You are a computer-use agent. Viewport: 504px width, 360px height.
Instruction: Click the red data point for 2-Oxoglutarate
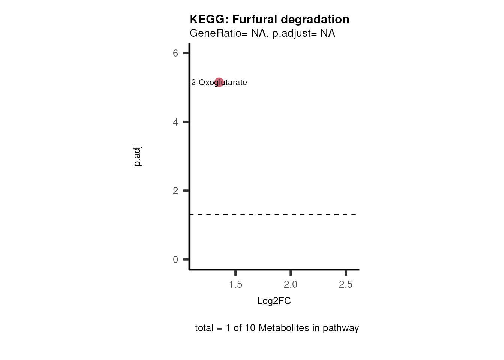point(219,82)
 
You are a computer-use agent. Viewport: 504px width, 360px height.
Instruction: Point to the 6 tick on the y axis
point(175,53)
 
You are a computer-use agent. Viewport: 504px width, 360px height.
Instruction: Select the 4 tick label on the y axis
point(175,122)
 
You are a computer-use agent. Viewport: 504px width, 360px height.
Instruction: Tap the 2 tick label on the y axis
point(175,191)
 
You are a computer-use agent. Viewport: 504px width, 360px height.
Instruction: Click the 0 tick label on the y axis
point(175,259)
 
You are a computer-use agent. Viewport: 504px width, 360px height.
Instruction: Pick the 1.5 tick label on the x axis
point(235,285)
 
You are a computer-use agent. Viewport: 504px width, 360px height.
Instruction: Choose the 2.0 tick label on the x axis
point(291,285)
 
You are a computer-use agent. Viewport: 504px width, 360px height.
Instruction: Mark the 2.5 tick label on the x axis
point(346,285)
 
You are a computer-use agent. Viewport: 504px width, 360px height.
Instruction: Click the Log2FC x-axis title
point(274,301)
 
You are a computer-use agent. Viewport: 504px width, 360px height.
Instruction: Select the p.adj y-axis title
point(138,156)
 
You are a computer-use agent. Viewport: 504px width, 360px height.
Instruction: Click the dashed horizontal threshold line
point(274,215)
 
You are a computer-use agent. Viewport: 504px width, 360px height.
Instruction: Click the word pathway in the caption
point(341,328)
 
